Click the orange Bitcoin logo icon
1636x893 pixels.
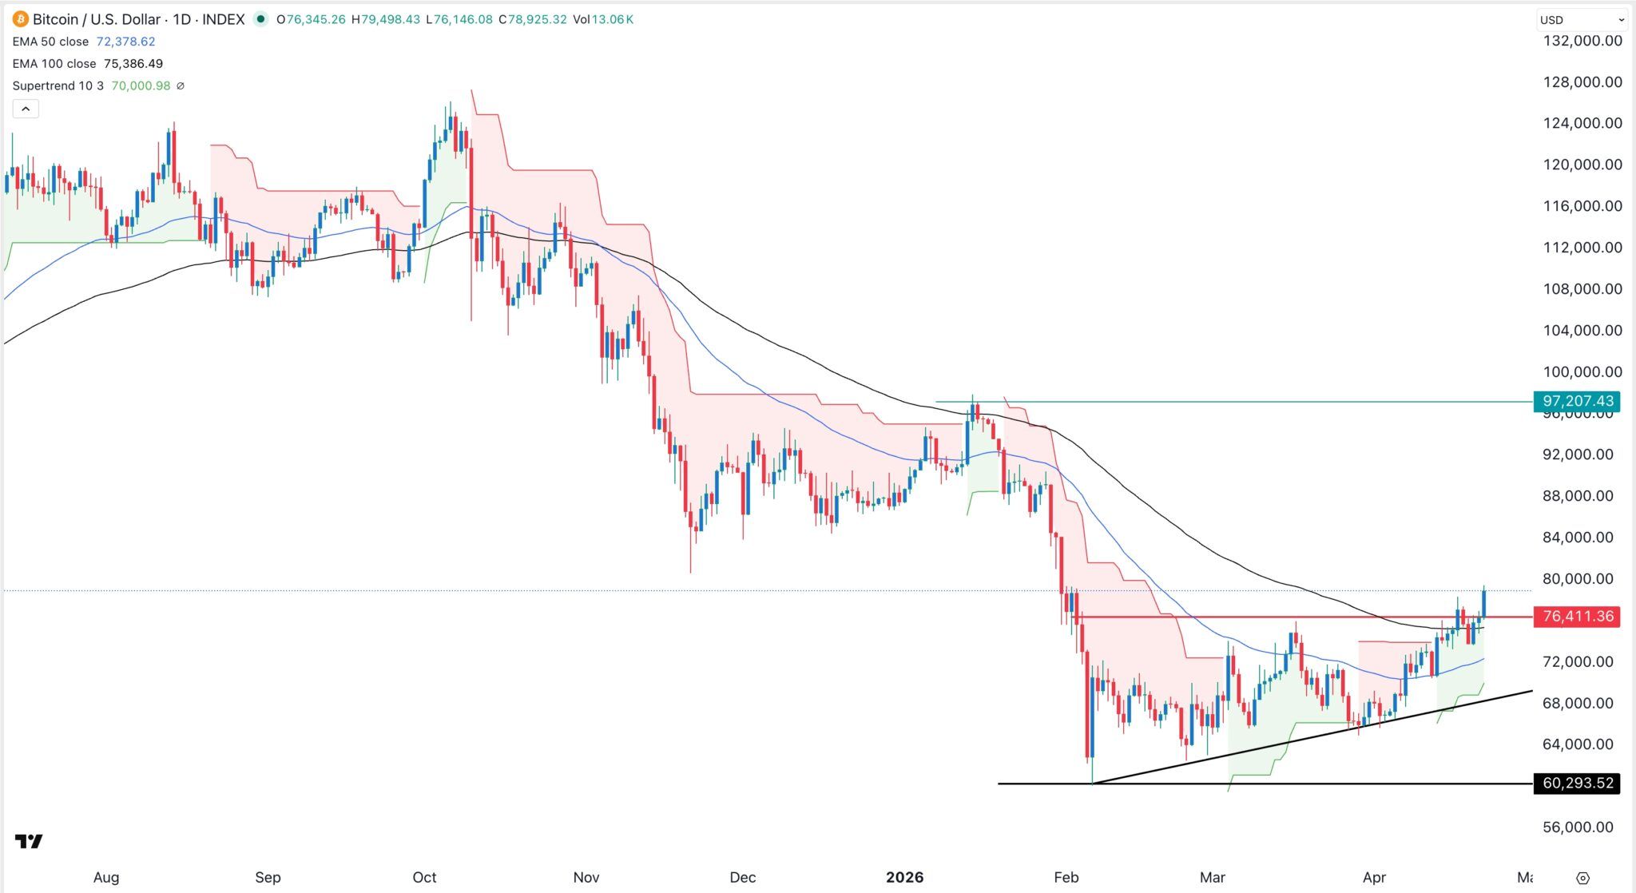[x=20, y=19]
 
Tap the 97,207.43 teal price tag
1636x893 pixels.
[x=1577, y=401]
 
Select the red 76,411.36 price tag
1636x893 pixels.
[x=1577, y=617]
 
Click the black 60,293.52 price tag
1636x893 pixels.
[x=1577, y=784]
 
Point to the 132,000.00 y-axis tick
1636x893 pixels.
[x=1582, y=41]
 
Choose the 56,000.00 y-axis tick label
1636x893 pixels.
[x=1582, y=828]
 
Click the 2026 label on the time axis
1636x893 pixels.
[x=904, y=877]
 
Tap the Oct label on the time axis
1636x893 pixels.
[x=424, y=877]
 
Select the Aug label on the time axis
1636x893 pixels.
[x=106, y=877]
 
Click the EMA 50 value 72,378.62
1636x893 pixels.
[x=125, y=42]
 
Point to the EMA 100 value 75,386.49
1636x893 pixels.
[x=133, y=64]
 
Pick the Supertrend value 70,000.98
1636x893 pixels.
[x=141, y=85]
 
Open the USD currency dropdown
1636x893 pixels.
[x=1581, y=20]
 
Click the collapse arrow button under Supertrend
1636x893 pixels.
[x=26, y=109]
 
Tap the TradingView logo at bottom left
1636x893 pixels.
[x=29, y=841]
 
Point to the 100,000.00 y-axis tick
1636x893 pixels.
[x=1582, y=372]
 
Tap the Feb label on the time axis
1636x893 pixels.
[x=1066, y=877]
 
